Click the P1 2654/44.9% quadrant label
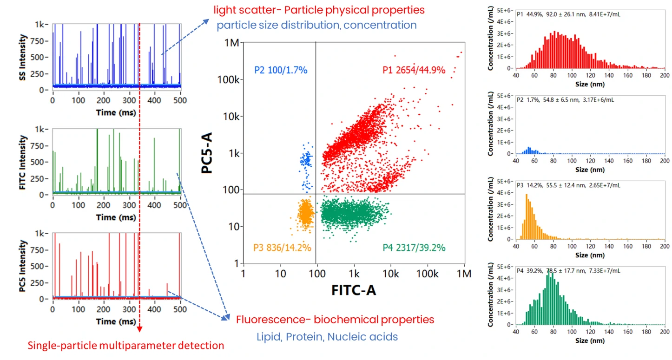tap(414, 70)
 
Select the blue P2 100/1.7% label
tap(281, 70)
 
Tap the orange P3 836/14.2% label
tap(282, 247)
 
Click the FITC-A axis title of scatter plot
tap(353, 290)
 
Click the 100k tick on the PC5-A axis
tap(230, 79)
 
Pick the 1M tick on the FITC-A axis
tap(464, 274)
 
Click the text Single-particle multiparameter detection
tap(126, 346)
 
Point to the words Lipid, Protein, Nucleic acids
tap(327, 336)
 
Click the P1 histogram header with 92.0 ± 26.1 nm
tap(568, 14)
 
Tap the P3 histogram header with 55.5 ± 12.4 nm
tap(568, 185)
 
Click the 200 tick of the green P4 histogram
tap(665, 332)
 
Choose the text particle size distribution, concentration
tap(316, 25)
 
